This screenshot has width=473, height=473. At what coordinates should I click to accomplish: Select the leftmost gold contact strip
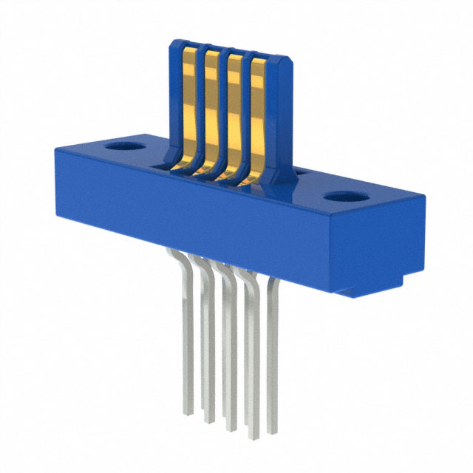[x=189, y=103]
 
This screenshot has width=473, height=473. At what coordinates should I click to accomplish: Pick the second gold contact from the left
[x=211, y=107]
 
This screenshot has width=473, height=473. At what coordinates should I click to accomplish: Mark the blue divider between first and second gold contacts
[x=200, y=103]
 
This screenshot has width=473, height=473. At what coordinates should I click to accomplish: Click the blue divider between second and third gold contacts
[x=222, y=108]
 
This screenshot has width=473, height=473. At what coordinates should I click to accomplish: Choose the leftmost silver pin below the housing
[x=186, y=333]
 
